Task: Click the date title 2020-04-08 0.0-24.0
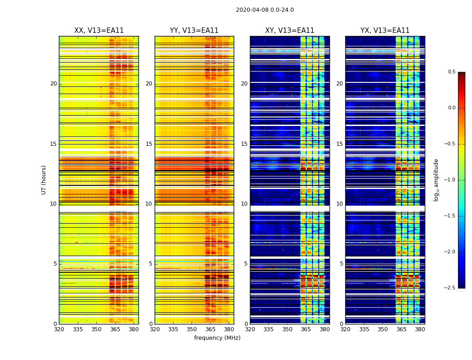coord(265,10)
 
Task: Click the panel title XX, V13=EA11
coord(99,31)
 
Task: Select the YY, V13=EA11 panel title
coord(194,31)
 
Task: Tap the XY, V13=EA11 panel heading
coord(289,31)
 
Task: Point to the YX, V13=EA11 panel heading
coord(385,31)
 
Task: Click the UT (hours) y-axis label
coord(44,180)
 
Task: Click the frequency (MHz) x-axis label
coord(217,338)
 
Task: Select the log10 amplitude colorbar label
coord(436,180)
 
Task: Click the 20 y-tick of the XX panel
coord(53,84)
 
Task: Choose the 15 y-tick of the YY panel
coord(149,144)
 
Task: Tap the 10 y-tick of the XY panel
coord(244,204)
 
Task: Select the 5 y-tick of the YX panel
coord(341,264)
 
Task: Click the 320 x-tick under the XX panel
coord(59,329)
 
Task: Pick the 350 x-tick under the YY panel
coord(192,329)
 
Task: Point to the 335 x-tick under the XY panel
coord(268,329)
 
